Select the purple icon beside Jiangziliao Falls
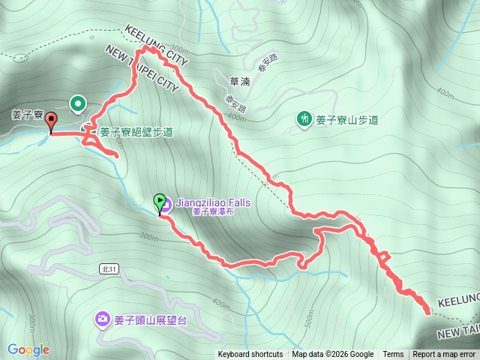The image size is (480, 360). point(166,202)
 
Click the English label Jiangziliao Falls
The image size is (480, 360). point(213,202)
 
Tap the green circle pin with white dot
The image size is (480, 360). point(78,103)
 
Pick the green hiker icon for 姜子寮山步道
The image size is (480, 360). point(304,118)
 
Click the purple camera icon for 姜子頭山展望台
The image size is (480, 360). point(101,320)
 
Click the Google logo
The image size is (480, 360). point(28,349)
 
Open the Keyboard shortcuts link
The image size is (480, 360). point(250,355)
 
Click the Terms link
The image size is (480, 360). point(393,355)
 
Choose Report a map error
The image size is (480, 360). point(444,355)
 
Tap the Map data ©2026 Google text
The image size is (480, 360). point(333,355)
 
